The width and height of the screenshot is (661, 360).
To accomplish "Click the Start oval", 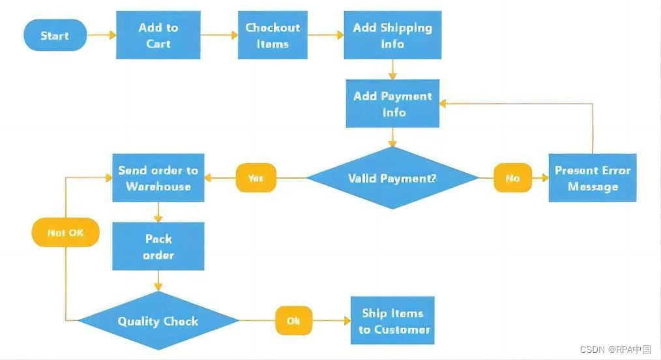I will pyautogui.click(x=55, y=35).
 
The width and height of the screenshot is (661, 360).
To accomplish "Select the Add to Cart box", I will pyautogui.click(x=158, y=35).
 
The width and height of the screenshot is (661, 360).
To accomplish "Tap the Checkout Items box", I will pyautogui.click(x=272, y=36).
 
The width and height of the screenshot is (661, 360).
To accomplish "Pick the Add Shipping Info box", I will pyautogui.click(x=392, y=35).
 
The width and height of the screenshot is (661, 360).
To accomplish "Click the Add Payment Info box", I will pyautogui.click(x=392, y=104).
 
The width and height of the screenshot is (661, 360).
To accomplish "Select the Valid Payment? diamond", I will pyautogui.click(x=392, y=178).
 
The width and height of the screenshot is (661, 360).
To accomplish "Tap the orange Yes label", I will pyautogui.click(x=256, y=177).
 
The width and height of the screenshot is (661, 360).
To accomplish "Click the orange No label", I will pyautogui.click(x=513, y=177).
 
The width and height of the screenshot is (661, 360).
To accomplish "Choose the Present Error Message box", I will pyautogui.click(x=592, y=178).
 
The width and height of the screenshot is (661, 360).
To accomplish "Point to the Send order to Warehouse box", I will pyautogui.click(x=158, y=178).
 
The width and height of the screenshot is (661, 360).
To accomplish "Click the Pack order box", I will pyautogui.click(x=158, y=246).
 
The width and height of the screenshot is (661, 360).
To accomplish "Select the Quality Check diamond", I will pyautogui.click(x=158, y=321).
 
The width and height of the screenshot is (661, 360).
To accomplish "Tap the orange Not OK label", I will pyautogui.click(x=65, y=232).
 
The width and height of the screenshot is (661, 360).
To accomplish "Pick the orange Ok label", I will pyautogui.click(x=293, y=321).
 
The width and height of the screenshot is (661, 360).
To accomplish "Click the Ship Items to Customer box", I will pyautogui.click(x=393, y=321).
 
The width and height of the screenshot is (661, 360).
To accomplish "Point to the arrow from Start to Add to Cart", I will pyautogui.click(x=102, y=35).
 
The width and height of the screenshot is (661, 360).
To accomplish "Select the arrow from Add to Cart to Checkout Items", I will pyautogui.click(x=220, y=35).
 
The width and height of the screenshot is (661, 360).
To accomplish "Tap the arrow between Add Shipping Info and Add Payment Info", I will pyautogui.click(x=392, y=68).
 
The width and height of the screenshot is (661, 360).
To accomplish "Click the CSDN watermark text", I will pyautogui.click(x=615, y=350).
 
